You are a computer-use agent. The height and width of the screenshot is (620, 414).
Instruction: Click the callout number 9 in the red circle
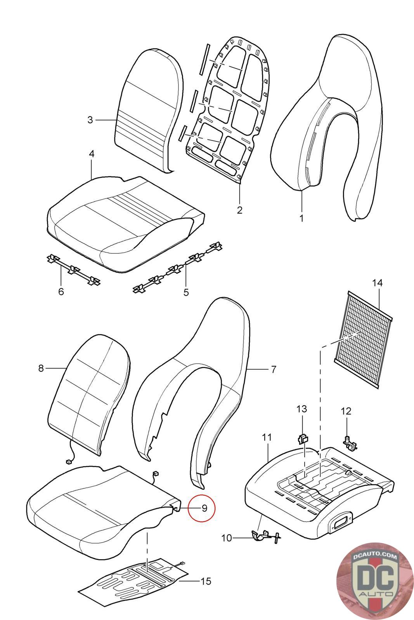(204, 508)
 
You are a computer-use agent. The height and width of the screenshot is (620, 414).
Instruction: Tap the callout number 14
(377, 283)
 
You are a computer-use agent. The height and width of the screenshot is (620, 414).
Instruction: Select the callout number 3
(90, 120)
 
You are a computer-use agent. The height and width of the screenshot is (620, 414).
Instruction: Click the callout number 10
(226, 538)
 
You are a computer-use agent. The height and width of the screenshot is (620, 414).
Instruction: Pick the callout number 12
(346, 411)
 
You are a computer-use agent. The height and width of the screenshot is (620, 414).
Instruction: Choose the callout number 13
(302, 409)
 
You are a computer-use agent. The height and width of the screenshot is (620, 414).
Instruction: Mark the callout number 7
(274, 369)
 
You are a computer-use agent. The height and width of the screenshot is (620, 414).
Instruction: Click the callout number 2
(239, 210)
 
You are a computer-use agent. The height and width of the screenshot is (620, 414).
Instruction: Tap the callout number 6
(61, 291)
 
